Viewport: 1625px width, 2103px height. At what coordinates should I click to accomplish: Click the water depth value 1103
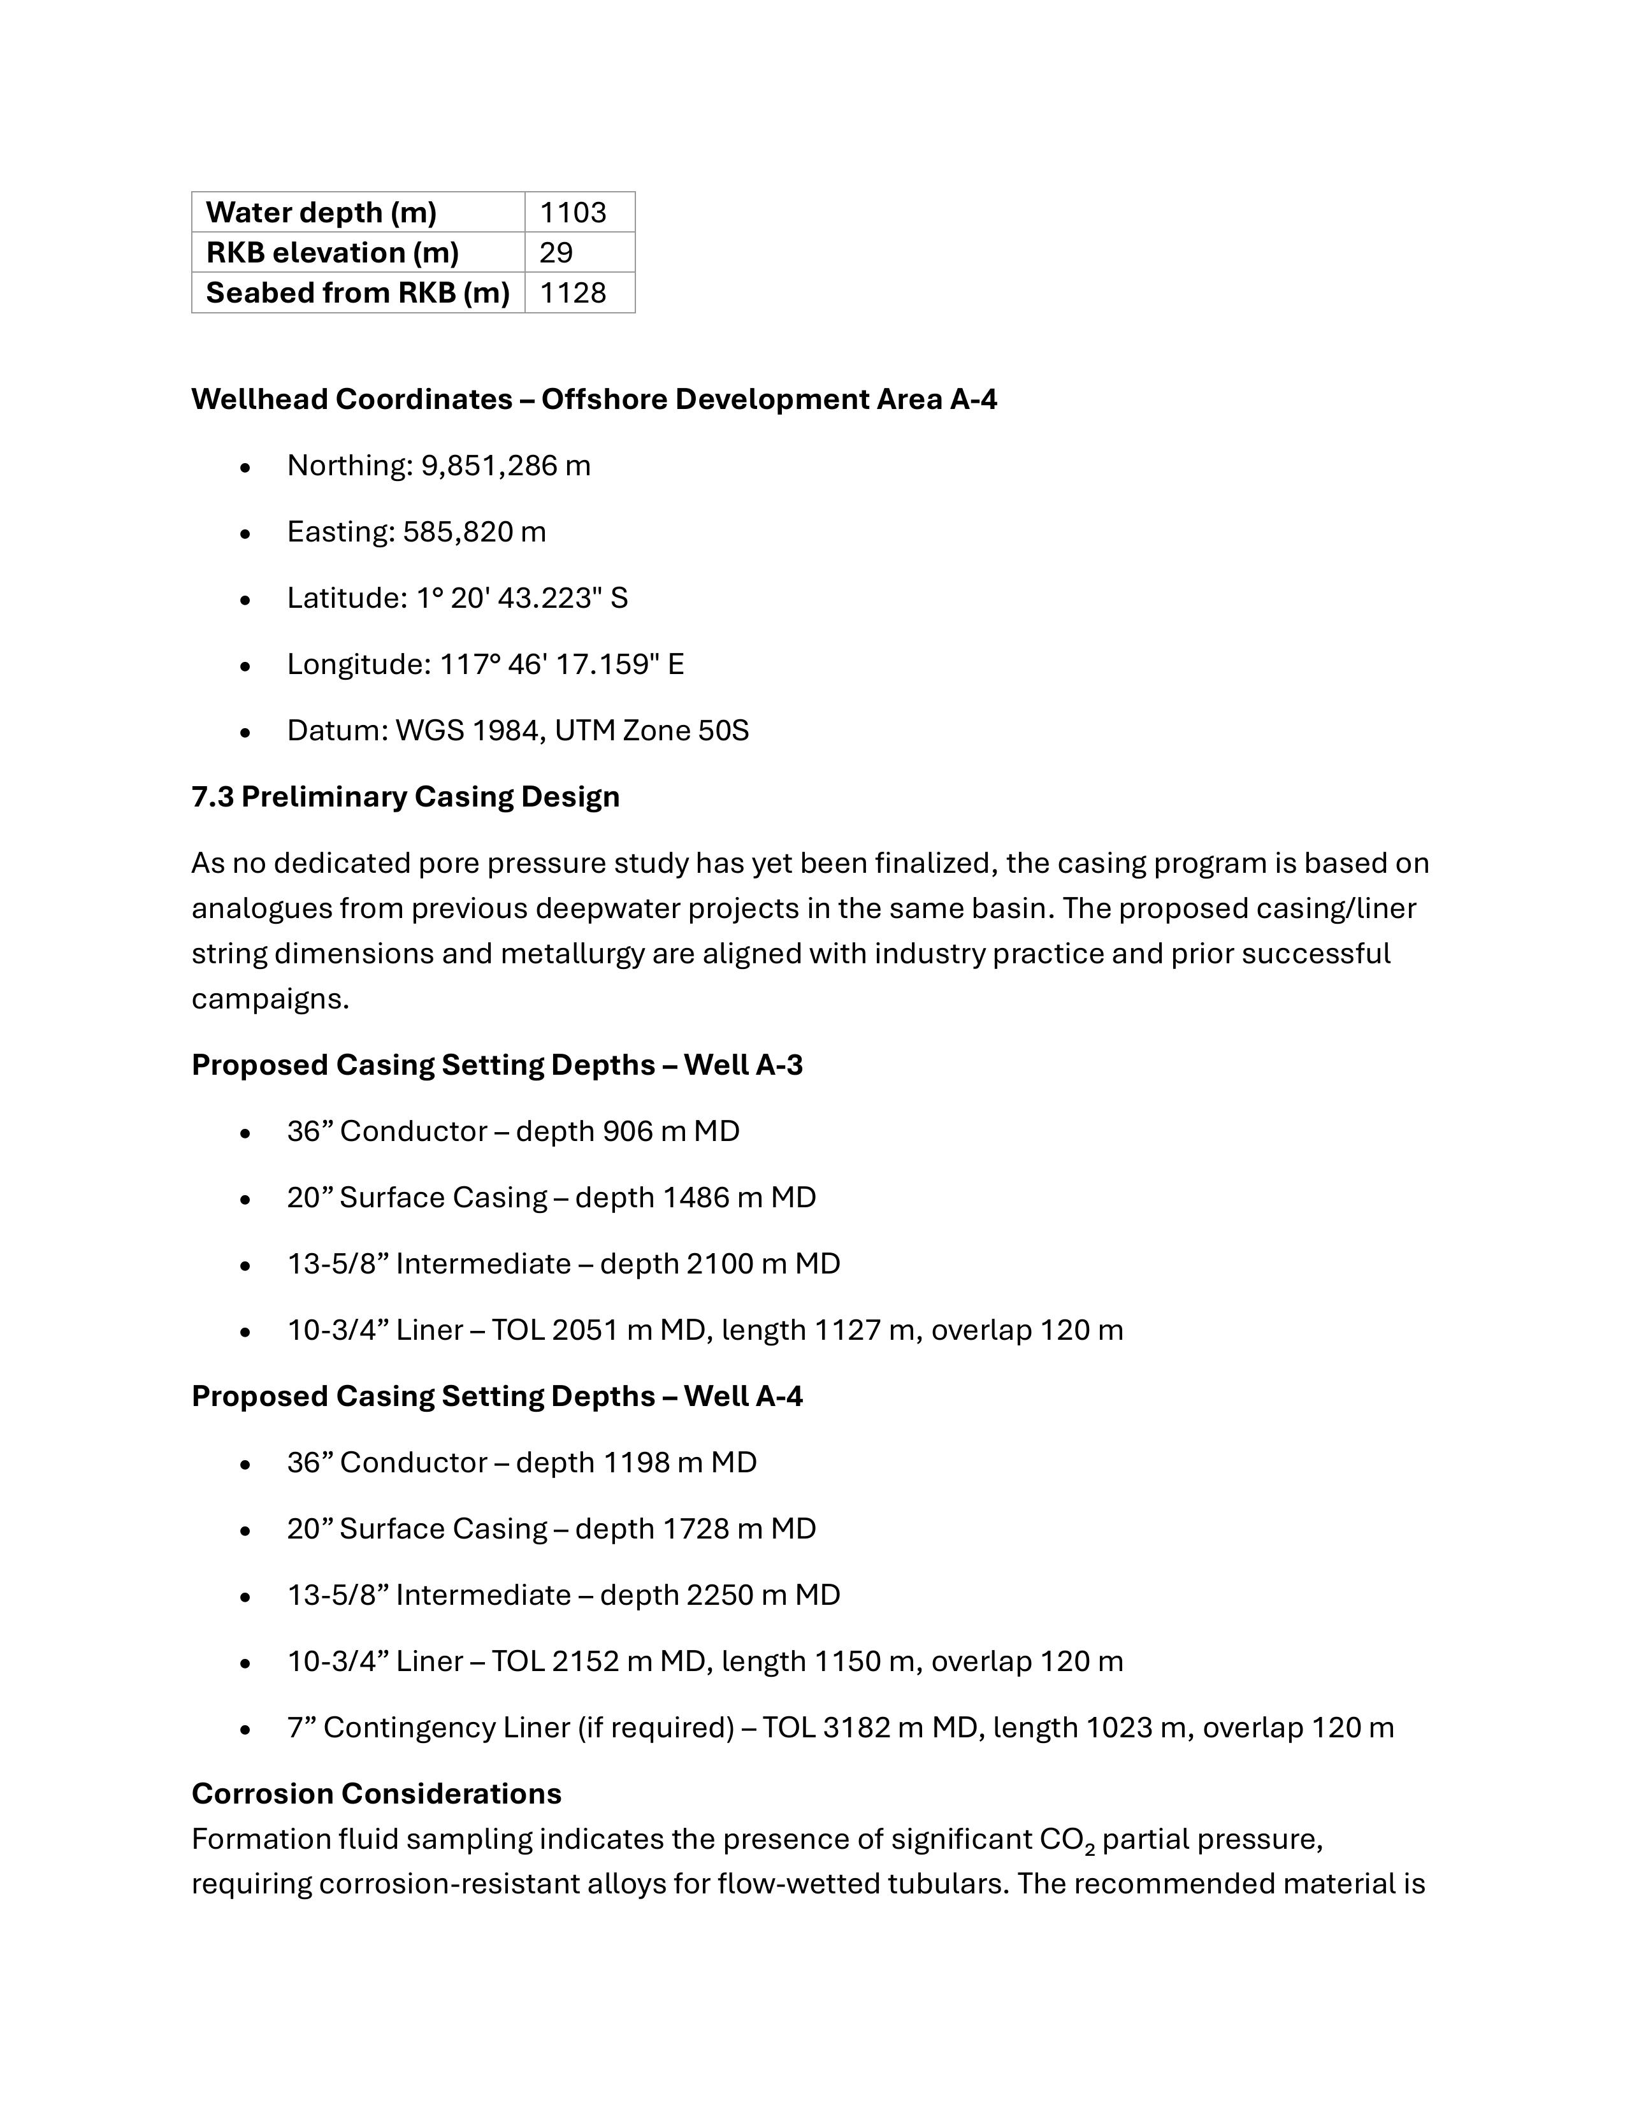tap(572, 212)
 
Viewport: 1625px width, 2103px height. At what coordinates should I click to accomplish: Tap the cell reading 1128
tap(572, 292)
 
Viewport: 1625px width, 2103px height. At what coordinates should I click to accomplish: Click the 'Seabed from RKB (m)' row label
tap(357, 292)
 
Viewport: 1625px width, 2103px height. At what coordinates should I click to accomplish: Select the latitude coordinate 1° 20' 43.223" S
tap(522, 599)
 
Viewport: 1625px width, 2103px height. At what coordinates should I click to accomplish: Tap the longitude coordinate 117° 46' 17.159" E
tap(561, 665)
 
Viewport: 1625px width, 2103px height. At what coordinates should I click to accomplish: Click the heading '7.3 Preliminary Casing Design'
tap(405, 797)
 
